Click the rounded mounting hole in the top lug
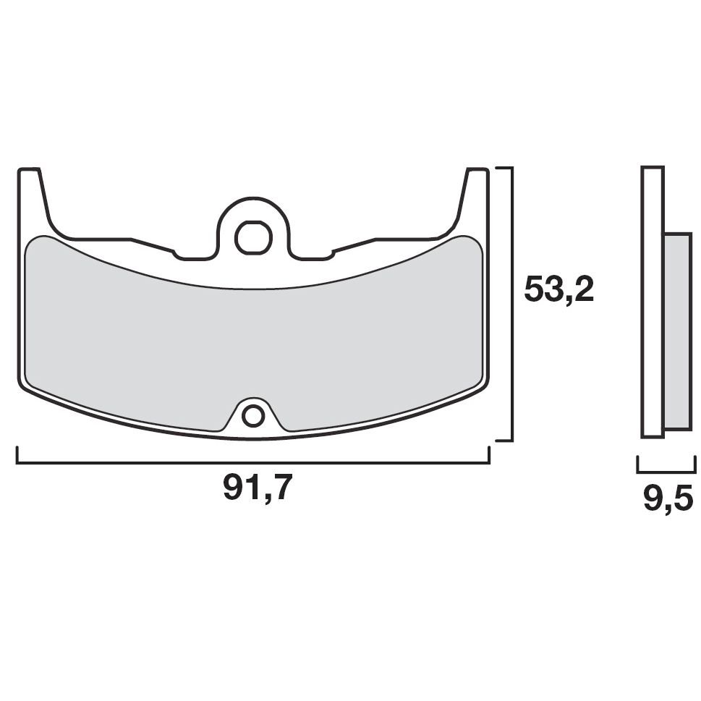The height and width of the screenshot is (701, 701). click(x=251, y=237)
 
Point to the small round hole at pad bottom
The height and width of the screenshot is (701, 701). click(x=253, y=415)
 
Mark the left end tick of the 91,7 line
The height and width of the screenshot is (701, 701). click(x=17, y=455)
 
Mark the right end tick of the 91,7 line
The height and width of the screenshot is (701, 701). click(x=490, y=455)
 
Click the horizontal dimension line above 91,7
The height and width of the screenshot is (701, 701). click(x=145, y=462)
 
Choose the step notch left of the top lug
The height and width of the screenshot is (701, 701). click(x=176, y=252)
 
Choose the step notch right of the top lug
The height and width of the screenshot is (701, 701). click(x=331, y=252)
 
